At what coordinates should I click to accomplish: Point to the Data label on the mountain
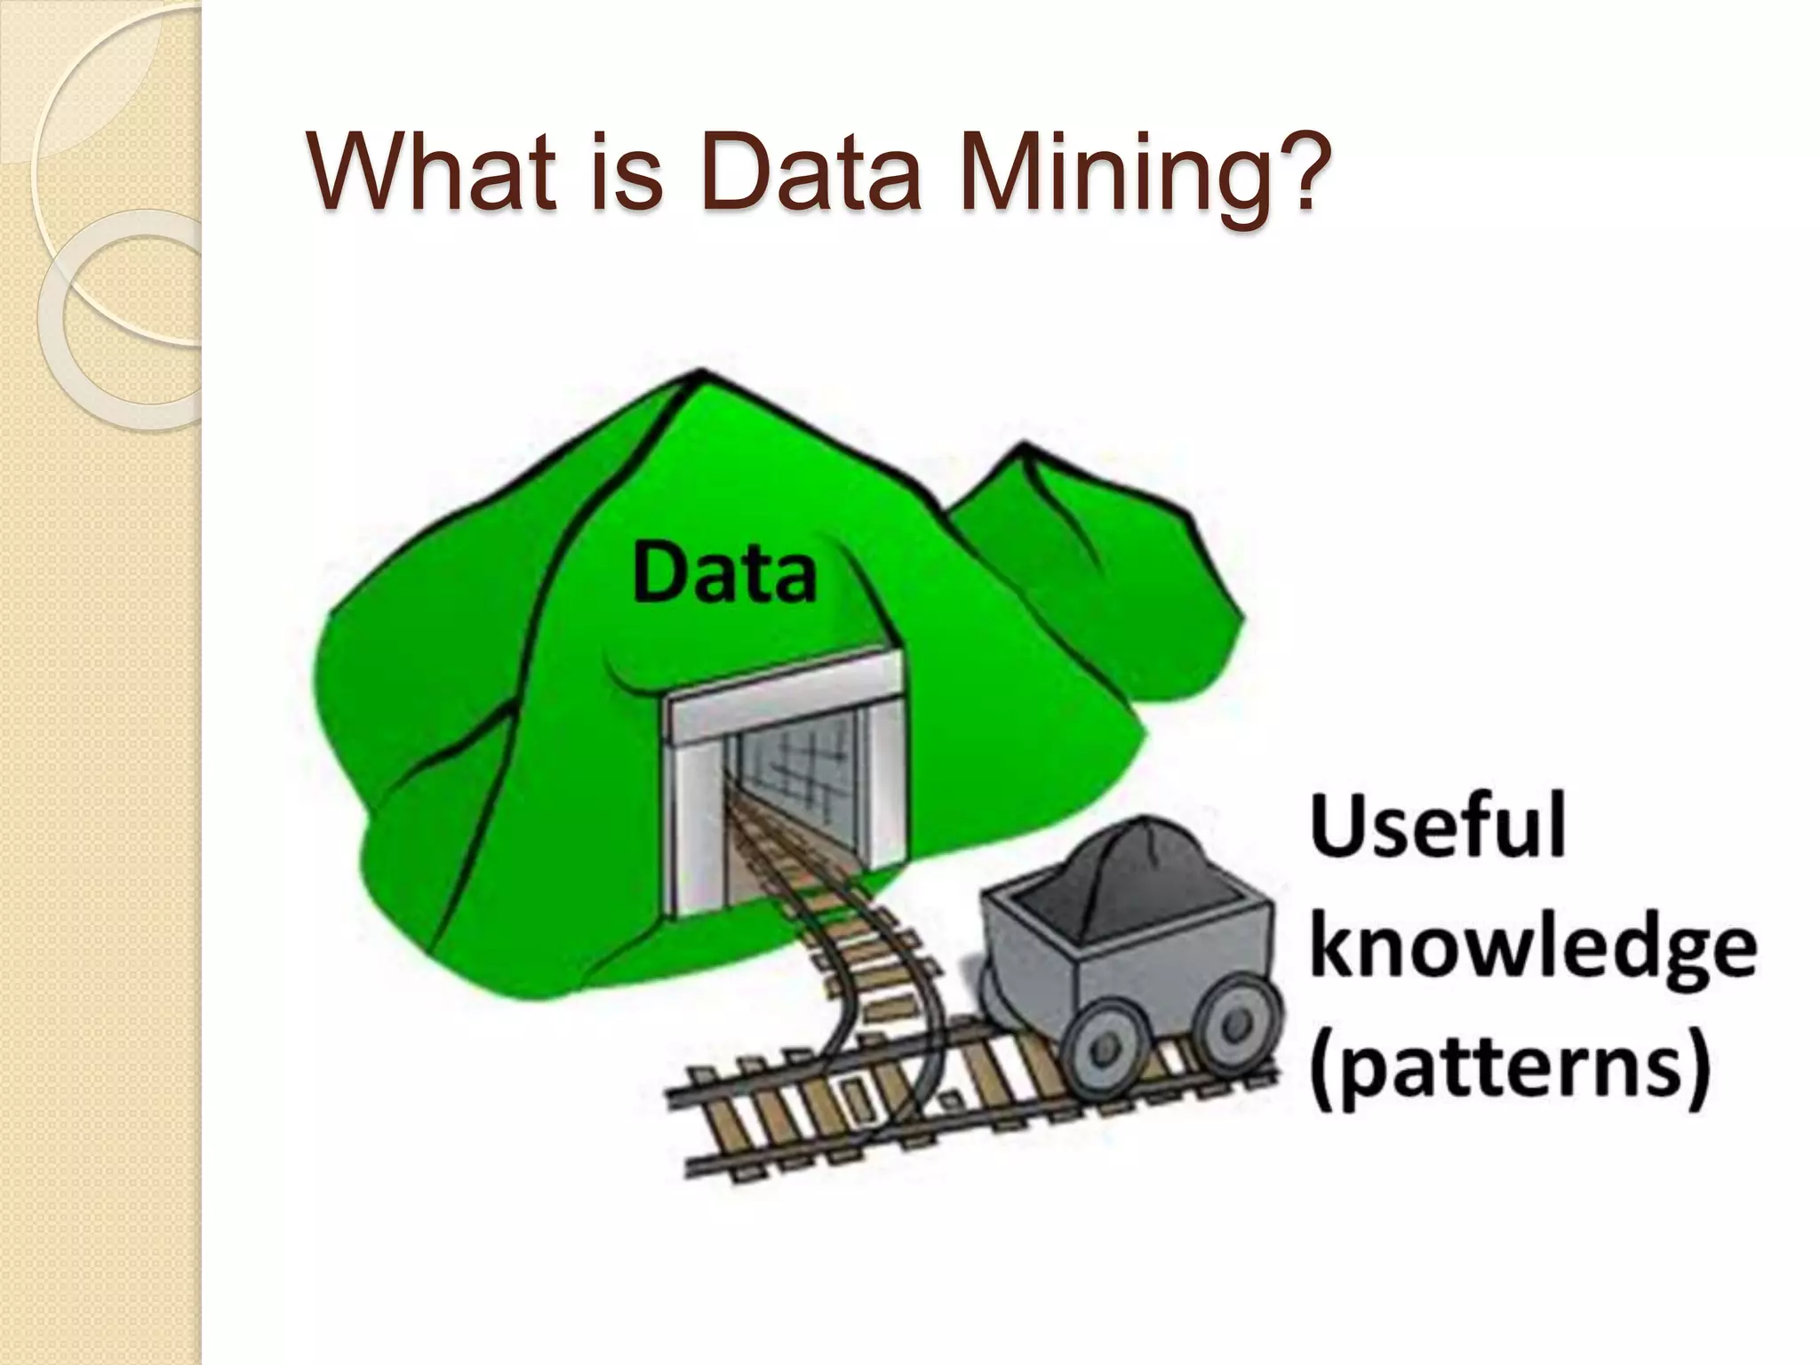[x=724, y=574]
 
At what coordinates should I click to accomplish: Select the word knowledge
[x=1533, y=950]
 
